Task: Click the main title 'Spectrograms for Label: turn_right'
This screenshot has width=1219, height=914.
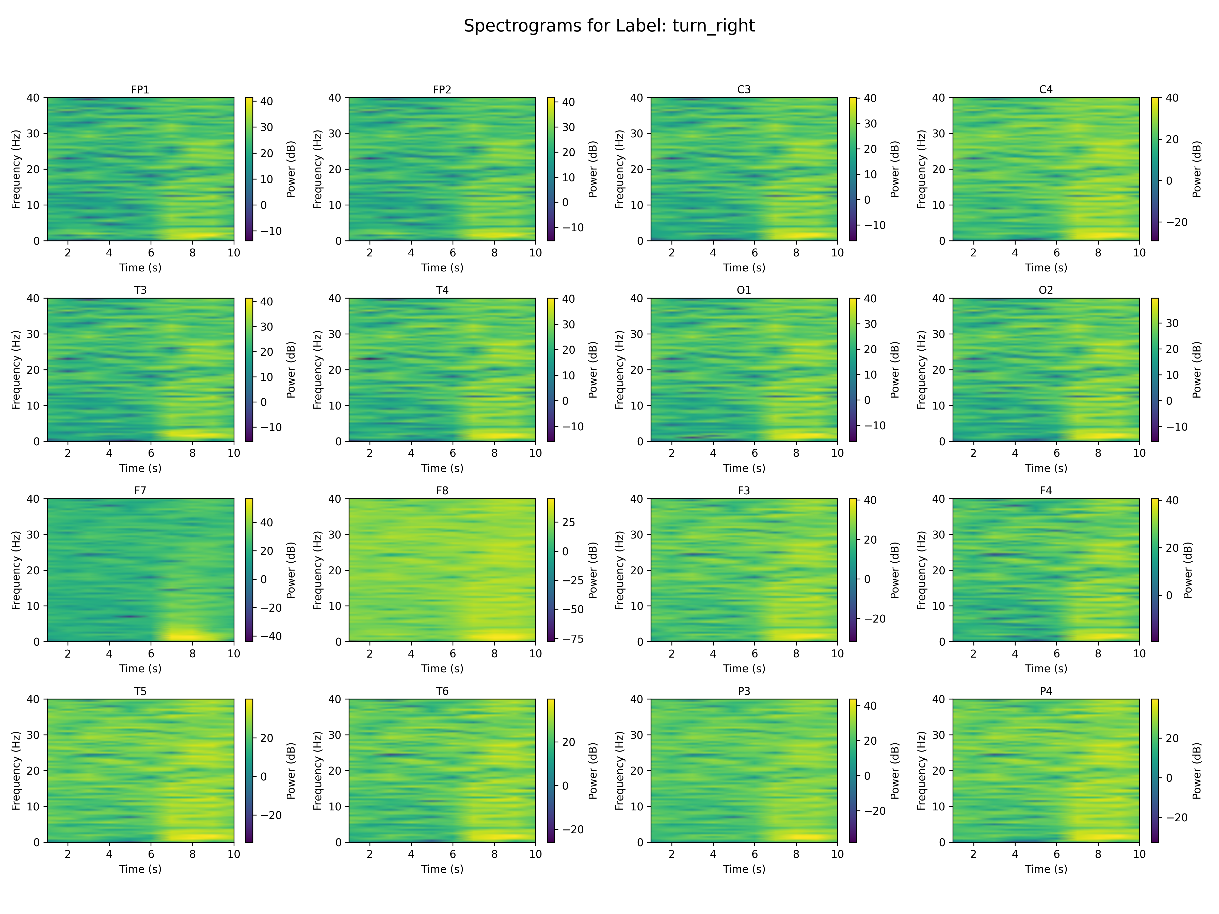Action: (x=609, y=26)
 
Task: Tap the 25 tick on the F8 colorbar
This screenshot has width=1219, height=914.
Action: (x=569, y=522)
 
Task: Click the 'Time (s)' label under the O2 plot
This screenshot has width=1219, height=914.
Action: (x=1045, y=468)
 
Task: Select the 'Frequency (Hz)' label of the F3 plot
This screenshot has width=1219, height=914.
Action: (x=619, y=570)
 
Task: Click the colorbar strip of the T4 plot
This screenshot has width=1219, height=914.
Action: (x=551, y=370)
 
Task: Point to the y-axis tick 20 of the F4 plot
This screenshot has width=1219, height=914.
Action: (x=938, y=570)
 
